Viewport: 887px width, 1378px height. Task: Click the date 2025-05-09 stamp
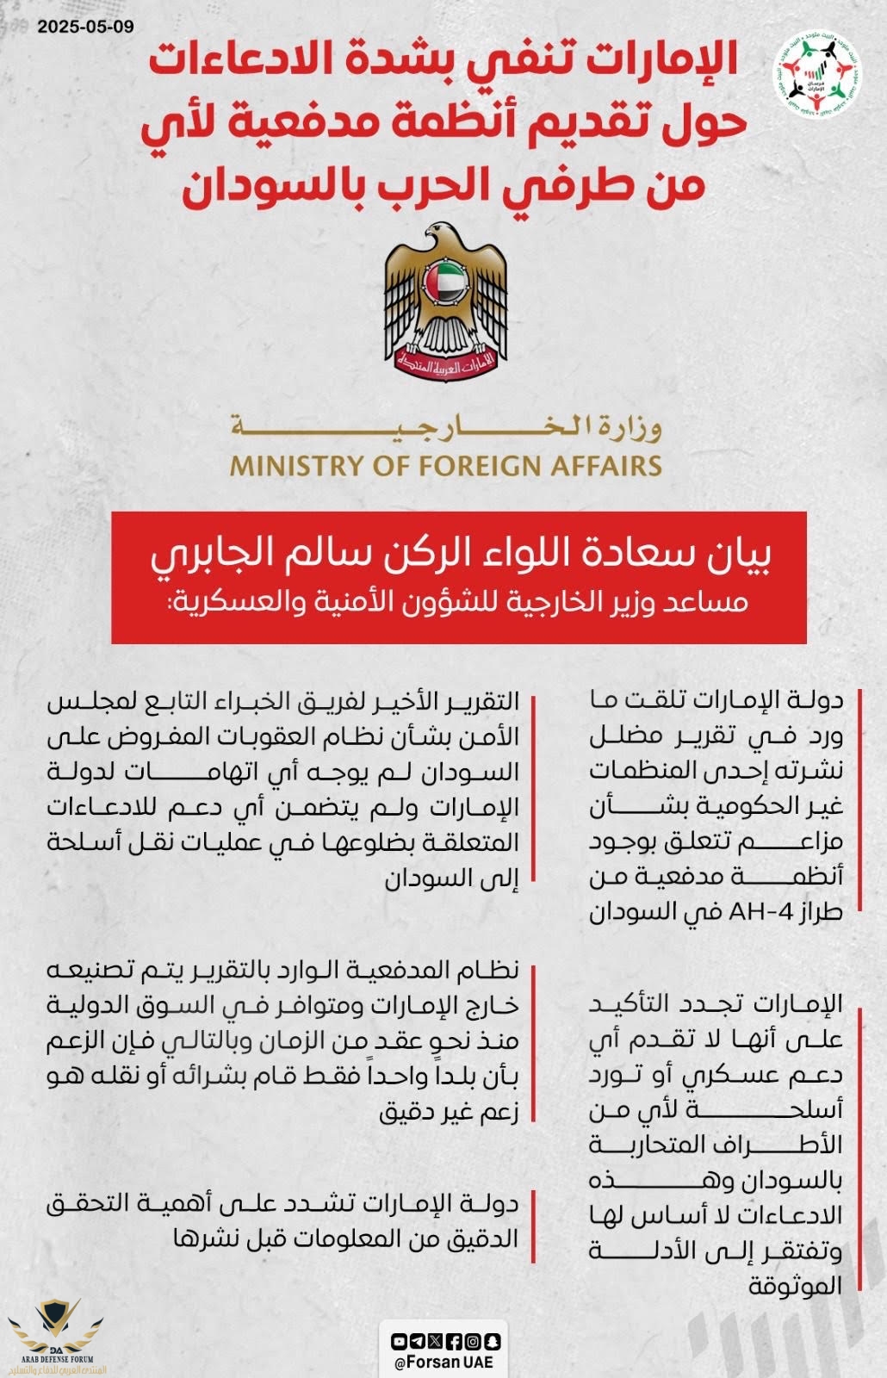point(86,26)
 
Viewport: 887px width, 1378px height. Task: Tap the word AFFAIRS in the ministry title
point(603,466)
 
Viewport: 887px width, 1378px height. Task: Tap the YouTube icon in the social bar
point(400,1341)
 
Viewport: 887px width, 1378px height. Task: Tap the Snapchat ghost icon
point(493,1341)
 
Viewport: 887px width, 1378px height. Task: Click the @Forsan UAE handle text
point(446,1363)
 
